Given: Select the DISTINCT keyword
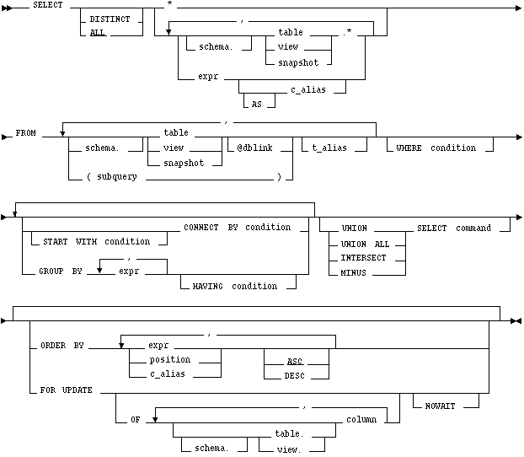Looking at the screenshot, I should click(x=110, y=18).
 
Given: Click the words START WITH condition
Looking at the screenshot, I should click(x=93, y=242).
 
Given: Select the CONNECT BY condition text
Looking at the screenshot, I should click(x=238, y=228).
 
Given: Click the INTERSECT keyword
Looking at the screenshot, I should click(x=363, y=258).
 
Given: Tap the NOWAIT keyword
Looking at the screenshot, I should click(x=446, y=406).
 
